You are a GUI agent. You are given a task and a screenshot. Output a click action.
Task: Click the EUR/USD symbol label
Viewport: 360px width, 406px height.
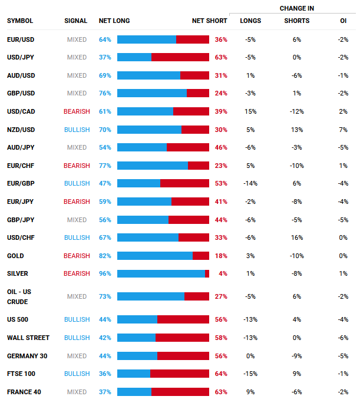pos(21,39)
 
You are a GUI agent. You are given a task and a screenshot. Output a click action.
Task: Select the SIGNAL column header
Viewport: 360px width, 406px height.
pos(75,21)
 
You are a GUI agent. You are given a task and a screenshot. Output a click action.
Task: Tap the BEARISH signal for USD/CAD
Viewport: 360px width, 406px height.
pos(77,111)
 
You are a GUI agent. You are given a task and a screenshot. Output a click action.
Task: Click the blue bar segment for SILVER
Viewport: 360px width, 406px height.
pos(161,274)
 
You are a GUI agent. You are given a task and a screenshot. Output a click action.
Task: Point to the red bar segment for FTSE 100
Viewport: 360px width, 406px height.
pos(180,374)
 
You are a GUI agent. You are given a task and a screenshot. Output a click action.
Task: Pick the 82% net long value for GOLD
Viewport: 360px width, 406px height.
pos(105,256)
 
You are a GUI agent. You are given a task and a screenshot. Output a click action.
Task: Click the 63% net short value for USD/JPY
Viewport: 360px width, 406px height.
pos(221,58)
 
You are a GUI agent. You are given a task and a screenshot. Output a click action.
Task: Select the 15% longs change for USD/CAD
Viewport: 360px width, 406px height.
pos(250,111)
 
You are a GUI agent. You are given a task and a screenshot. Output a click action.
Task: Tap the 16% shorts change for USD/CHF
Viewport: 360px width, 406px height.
pos(296,237)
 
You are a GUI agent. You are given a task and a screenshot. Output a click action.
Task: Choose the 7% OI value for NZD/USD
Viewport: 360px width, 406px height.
pos(344,130)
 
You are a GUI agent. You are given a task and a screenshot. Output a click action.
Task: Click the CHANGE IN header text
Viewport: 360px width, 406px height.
pos(297,8)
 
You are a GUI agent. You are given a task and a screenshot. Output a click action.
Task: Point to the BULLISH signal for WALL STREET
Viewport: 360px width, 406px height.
pos(77,338)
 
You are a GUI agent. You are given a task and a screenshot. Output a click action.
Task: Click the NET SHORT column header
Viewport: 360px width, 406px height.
pos(209,21)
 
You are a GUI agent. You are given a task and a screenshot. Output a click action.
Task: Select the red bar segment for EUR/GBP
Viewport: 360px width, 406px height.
pos(184,183)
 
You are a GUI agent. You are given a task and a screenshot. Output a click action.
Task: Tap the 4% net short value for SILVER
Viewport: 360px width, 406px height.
pos(222,274)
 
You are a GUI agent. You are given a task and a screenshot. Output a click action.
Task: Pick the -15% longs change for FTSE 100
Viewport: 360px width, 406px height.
pos(250,374)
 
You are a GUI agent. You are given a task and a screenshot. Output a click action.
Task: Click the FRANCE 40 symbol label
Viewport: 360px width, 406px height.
pos(24,392)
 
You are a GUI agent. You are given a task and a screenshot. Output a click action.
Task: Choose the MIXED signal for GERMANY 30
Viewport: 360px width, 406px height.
pos(77,356)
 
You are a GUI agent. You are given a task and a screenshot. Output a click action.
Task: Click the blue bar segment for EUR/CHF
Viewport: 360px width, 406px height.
pos(153,166)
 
